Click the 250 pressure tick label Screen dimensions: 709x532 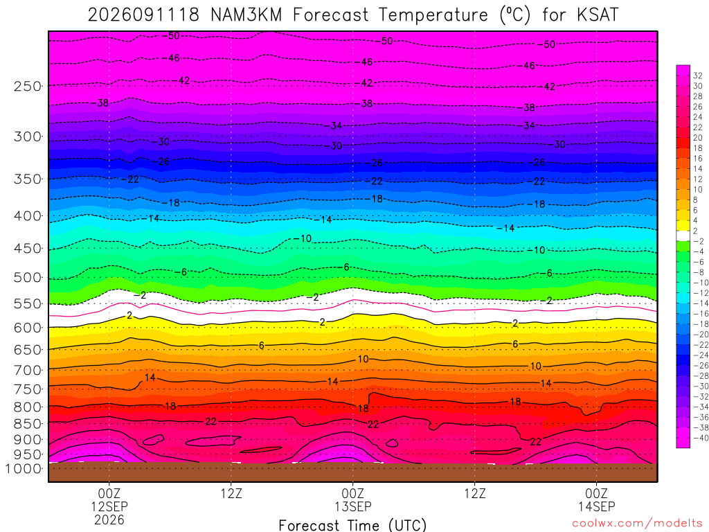(x=28, y=86)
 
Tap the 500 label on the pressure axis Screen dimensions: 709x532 (x=28, y=277)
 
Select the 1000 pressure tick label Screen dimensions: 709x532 (x=24, y=469)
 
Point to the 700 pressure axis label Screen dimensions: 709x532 (x=28, y=370)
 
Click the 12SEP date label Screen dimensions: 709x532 (x=109, y=506)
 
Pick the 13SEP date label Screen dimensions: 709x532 (x=352, y=506)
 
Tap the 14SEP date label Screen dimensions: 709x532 (x=596, y=506)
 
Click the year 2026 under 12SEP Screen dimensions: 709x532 (x=109, y=520)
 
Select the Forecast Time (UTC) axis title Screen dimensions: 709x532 (x=352, y=525)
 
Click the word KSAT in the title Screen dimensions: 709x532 (x=598, y=15)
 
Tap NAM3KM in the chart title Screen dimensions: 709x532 (x=246, y=15)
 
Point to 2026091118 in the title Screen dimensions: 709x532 (x=143, y=15)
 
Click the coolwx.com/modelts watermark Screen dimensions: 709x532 (x=637, y=524)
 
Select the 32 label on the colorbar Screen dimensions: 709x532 (x=698, y=76)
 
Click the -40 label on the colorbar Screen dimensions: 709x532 (x=701, y=438)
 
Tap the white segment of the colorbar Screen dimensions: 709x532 (x=683, y=236)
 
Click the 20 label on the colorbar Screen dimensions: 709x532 (x=698, y=138)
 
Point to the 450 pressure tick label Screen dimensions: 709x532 (x=28, y=249)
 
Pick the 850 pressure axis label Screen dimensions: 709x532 (x=28, y=424)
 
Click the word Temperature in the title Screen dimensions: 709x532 (x=433, y=15)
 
